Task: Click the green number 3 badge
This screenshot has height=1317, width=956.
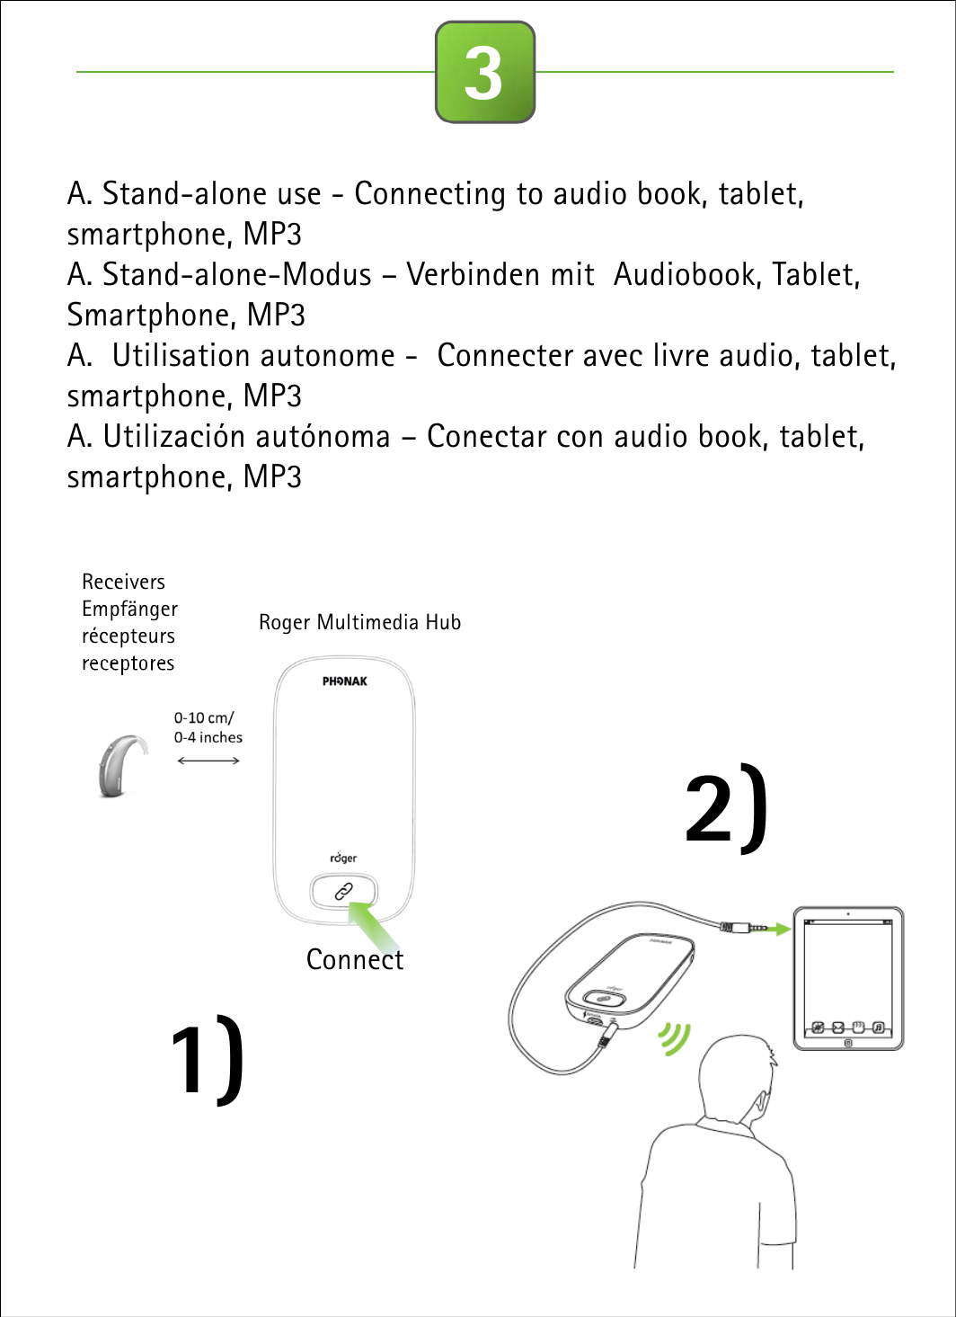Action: click(485, 72)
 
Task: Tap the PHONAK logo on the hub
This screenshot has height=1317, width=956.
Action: click(345, 681)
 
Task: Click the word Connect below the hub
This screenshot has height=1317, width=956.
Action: click(355, 960)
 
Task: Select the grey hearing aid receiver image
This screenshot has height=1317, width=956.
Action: click(121, 765)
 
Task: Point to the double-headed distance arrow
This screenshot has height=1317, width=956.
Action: click(208, 761)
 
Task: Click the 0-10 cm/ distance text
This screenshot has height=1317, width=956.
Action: click(204, 718)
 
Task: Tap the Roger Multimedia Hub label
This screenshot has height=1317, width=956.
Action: click(359, 622)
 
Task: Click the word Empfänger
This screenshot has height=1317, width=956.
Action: click(129, 610)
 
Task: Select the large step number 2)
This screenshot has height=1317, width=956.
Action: click(726, 807)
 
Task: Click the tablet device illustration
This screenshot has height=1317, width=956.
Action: click(848, 977)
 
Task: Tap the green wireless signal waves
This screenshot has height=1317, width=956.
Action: click(673, 1038)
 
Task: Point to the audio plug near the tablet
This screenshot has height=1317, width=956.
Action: click(742, 925)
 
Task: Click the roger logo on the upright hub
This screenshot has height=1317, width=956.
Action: click(343, 858)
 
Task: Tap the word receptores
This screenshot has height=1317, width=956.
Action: click(128, 663)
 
